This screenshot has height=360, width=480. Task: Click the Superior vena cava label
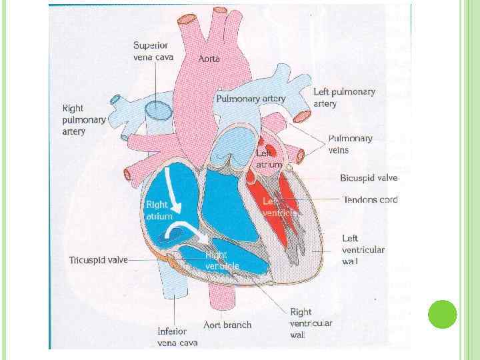click(153, 51)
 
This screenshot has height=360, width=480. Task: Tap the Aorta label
click(209, 59)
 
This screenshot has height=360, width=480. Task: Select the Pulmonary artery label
click(250, 99)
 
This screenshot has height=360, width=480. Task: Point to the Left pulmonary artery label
click(344, 97)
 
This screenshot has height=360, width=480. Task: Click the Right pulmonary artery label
click(83, 120)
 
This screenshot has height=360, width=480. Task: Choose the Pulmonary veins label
click(350, 144)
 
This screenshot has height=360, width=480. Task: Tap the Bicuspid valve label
click(369, 178)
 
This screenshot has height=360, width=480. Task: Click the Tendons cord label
click(369, 199)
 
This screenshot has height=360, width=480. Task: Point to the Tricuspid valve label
click(98, 260)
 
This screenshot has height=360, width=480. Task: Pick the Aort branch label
click(227, 325)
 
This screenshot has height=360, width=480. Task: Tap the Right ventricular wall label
click(311, 323)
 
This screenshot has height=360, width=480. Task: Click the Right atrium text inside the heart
click(159, 211)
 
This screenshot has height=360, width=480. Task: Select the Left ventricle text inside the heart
click(279, 207)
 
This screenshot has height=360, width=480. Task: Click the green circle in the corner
click(442, 315)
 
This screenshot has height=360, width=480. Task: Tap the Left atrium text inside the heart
click(269, 159)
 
